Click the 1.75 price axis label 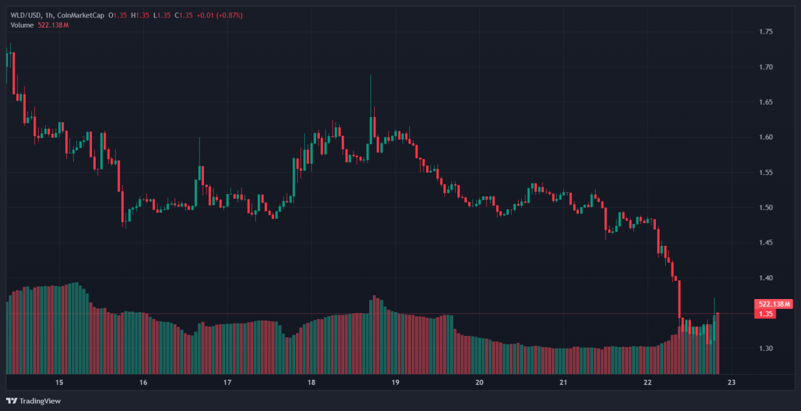766,32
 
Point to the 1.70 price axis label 766,67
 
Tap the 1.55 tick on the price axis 766,173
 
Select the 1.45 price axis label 766,243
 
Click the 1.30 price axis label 766,348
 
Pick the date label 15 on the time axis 59,383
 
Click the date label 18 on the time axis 312,383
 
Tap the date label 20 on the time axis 479,383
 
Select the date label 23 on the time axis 732,383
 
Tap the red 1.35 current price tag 765,313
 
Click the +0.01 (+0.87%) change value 220,15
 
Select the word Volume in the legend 22,25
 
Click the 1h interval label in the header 49,15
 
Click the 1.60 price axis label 766,138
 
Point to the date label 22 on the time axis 648,383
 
